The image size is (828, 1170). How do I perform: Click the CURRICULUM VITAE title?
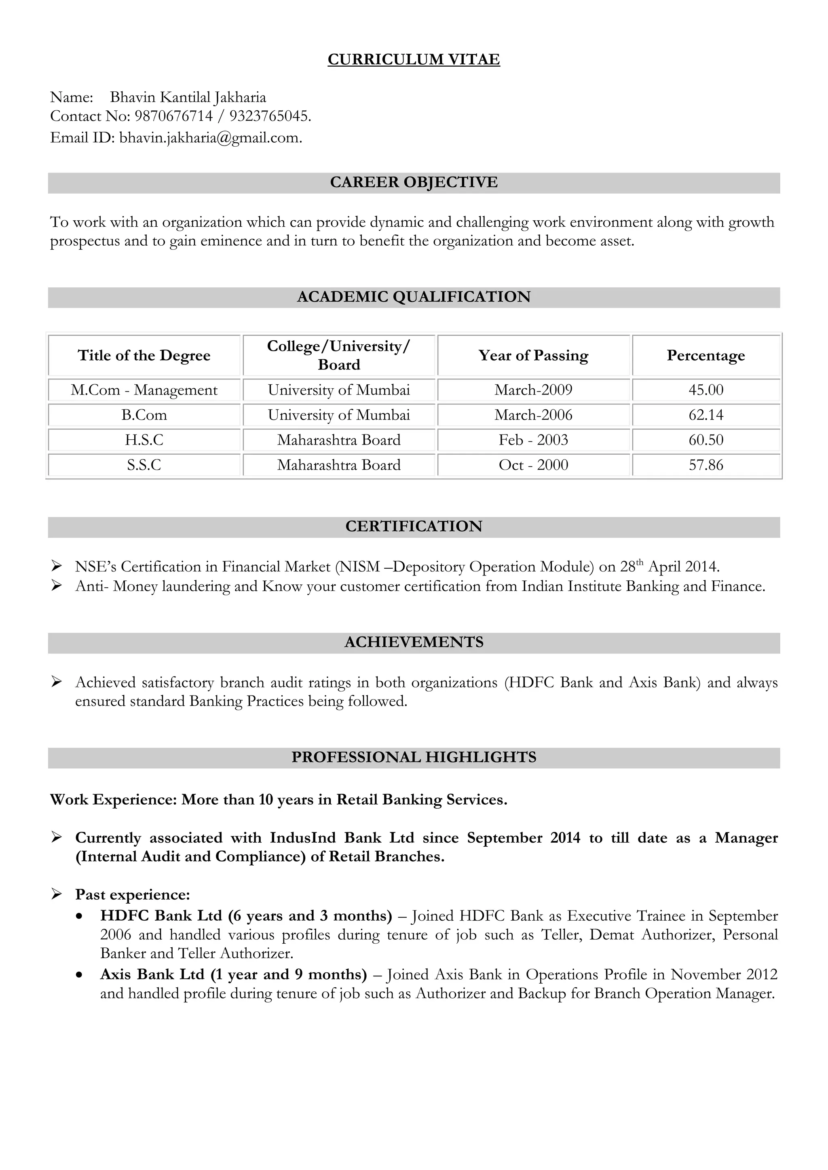[x=414, y=60]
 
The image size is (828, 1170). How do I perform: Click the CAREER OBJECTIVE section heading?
[x=414, y=182]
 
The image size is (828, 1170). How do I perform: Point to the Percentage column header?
[x=705, y=355]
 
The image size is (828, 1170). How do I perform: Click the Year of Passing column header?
[x=533, y=355]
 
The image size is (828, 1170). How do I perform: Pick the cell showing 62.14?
[x=705, y=415]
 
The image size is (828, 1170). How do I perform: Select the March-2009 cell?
[x=533, y=390]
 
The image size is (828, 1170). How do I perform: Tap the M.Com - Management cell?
[x=144, y=390]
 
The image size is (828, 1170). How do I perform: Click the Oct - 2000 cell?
[x=533, y=465]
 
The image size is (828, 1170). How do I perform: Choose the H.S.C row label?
[x=144, y=440]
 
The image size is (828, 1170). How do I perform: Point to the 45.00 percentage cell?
[x=705, y=390]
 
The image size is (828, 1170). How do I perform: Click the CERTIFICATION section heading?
[x=414, y=526]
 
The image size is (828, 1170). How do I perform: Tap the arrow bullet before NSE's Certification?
[x=57, y=566]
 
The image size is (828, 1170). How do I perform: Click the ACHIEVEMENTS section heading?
[x=414, y=642]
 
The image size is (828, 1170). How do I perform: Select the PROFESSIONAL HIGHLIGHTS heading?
[x=414, y=757]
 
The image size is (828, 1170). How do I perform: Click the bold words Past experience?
[x=133, y=894]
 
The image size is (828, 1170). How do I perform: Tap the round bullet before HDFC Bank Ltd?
[x=78, y=916]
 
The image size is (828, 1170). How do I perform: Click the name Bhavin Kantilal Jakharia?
[x=188, y=97]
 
